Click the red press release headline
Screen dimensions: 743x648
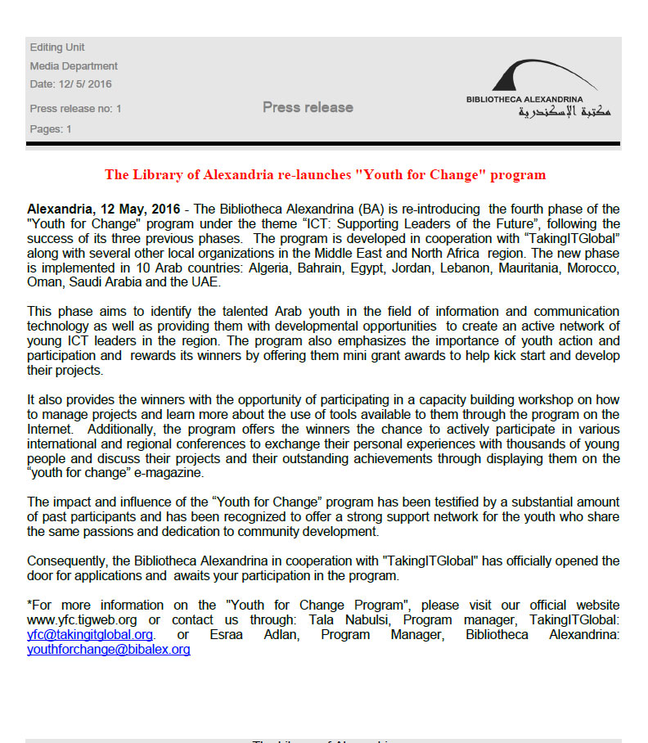(x=325, y=174)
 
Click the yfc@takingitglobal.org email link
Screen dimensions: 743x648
(x=90, y=634)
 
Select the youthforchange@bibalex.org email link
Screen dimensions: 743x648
(x=108, y=650)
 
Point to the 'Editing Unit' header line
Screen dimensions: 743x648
(x=57, y=47)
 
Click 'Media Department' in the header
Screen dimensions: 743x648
(x=74, y=66)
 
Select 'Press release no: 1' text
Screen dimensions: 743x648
(x=75, y=109)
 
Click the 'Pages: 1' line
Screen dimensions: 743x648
(x=51, y=129)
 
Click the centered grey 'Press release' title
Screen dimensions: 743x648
(x=308, y=107)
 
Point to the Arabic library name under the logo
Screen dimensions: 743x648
(x=565, y=112)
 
